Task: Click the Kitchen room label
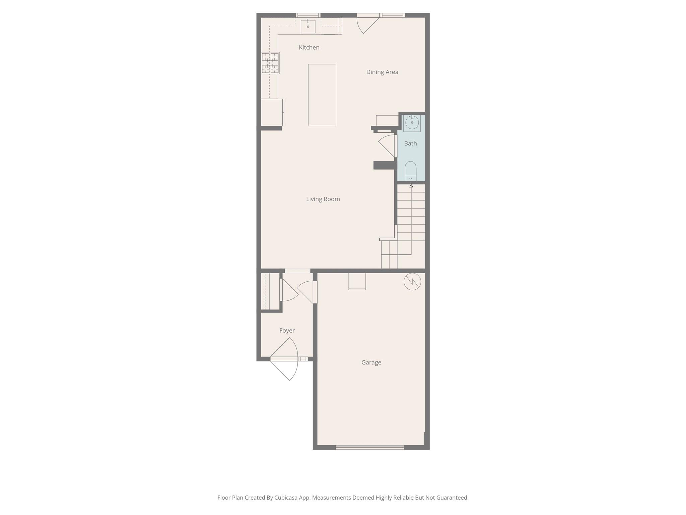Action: tap(309, 48)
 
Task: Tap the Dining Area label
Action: tap(382, 72)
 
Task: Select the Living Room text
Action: tap(323, 199)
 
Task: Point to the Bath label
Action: tap(410, 144)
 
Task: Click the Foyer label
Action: tap(287, 331)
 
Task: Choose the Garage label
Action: tap(371, 362)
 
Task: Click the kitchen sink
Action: tap(308, 26)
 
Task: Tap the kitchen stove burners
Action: tap(270, 63)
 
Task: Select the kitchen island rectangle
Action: tap(322, 95)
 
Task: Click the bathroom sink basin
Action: tap(412, 123)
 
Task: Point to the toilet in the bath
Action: tap(410, 171)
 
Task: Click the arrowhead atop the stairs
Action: tap(411, 186)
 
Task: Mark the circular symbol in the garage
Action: tap(412, 282)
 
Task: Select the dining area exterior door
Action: tap(367, 23)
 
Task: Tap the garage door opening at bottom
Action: tap(370, 447)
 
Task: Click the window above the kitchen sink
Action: tap(308, 15)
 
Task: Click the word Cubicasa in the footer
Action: tap(286, 498)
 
